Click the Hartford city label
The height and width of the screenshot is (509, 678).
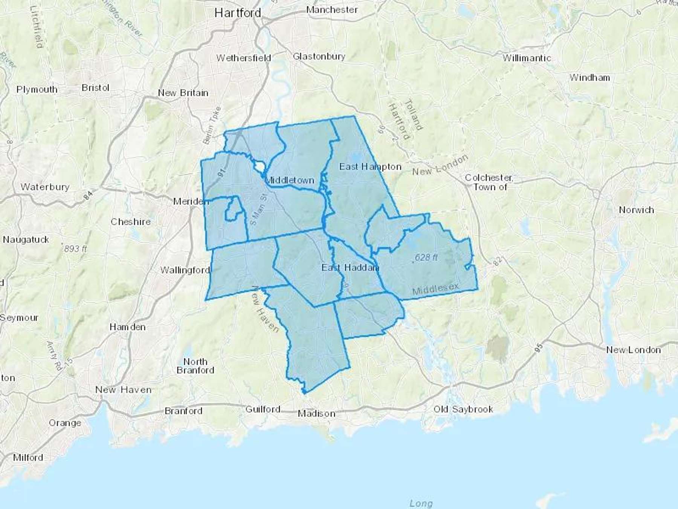238,13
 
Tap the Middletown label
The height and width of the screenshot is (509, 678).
290,180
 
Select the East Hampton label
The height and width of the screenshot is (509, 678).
370,167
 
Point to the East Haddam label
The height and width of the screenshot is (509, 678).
350,268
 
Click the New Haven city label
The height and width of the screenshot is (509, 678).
123,390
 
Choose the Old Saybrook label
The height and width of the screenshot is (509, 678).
463,409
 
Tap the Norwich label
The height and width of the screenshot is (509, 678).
636,210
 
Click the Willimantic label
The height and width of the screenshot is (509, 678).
527,58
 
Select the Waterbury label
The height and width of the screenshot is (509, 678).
45,187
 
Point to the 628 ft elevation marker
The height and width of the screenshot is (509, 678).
426,258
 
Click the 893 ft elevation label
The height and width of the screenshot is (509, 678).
75,249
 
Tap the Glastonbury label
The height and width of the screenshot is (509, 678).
319,57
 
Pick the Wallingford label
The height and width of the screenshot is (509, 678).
185,270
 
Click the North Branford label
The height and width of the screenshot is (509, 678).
195,366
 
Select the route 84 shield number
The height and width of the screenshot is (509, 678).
88,195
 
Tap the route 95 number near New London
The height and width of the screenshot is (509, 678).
539,347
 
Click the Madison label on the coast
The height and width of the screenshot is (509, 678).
316,414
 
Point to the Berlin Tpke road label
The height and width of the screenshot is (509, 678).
212,125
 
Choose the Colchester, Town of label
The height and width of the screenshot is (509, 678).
489,182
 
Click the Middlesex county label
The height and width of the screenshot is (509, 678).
435,289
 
